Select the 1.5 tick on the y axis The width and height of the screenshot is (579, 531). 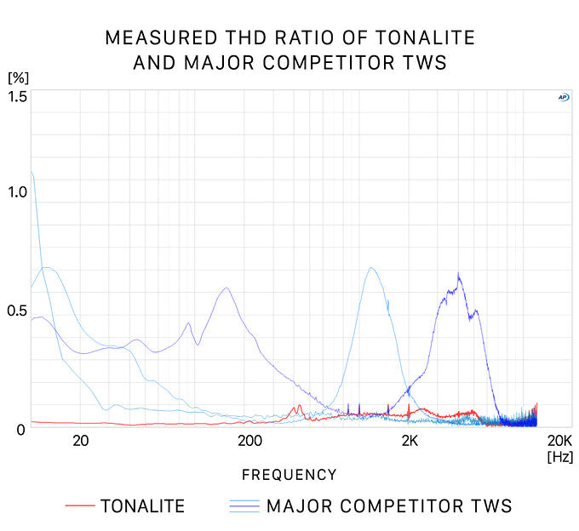coord(18,96)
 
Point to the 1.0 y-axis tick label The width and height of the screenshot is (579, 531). coord(18,192)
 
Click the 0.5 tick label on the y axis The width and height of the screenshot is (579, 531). coord(18,311)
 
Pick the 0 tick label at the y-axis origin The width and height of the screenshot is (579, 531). coord(21,429)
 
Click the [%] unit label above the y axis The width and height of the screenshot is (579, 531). coord(18,77)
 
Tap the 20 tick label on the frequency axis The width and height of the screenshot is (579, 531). coord(81,441)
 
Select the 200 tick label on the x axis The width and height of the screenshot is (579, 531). coord(249,441)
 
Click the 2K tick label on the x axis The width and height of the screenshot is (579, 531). coord(410,441)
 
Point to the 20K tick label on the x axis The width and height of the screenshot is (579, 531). coord(559,441)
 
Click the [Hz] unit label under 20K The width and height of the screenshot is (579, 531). coord(560,457)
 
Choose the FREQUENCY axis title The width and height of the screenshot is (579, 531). coord(289,475)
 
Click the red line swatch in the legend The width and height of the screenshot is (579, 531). coord(79,506)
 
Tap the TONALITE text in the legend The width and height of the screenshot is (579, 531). coord(142,506)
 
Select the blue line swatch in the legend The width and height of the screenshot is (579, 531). coord(244,506)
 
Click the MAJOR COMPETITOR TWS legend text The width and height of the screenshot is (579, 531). coord(389,506)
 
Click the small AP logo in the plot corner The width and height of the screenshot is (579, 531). coord(563,97)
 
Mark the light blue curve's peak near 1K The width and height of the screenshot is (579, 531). coord(371,268)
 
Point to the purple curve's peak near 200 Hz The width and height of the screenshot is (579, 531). coord(226,288)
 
